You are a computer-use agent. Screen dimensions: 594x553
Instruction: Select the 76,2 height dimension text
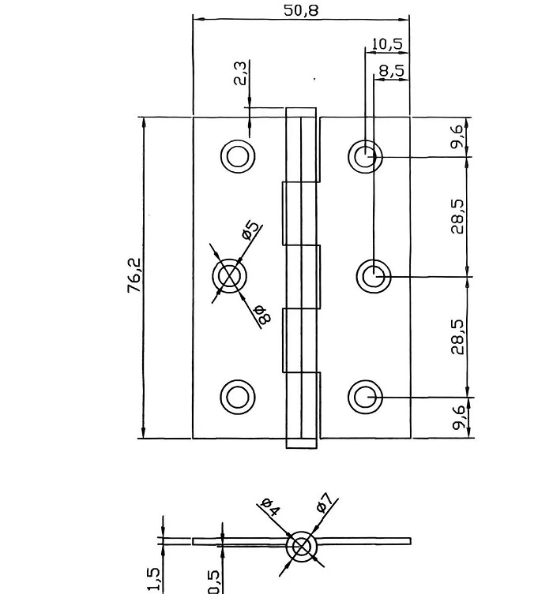pos(134,275)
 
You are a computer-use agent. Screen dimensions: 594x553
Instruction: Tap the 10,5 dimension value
pos(386,44)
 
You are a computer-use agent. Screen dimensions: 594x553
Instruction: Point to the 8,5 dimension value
pos(390,71)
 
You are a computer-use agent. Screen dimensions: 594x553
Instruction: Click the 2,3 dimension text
pos(240,73)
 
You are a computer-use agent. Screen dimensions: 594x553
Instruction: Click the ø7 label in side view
pos(325,502)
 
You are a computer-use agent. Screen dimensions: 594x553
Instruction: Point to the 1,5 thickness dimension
pos(155,580)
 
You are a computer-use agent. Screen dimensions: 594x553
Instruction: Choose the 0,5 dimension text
pos(214,581)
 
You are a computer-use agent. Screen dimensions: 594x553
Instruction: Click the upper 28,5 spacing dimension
pos(457,217)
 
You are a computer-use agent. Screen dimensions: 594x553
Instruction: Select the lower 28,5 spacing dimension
pos(457,337)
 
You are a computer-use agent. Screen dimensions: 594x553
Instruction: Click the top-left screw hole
pos(237,156)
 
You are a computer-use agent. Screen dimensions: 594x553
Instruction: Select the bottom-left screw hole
pos(237,396)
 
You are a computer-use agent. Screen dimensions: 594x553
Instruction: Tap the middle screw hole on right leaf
pos(374,276)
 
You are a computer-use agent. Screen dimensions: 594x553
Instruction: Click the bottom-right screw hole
pos(365,396)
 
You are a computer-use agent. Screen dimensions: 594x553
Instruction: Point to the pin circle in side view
pos(300,546)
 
